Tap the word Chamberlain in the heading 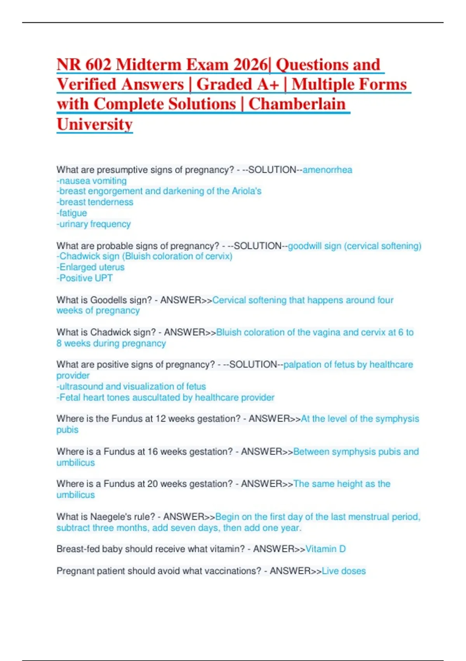(x=297, y=104)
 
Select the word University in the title (x=95, y=124)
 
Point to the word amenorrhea (x=327, y=170)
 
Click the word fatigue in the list (x=73, y=213)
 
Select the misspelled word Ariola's (x=247, y=191)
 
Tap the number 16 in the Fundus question (x=153, y=452)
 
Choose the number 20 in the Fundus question (x=153, y=484)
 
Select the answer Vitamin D (x=325, y=549)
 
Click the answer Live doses (x=344, y=571)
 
